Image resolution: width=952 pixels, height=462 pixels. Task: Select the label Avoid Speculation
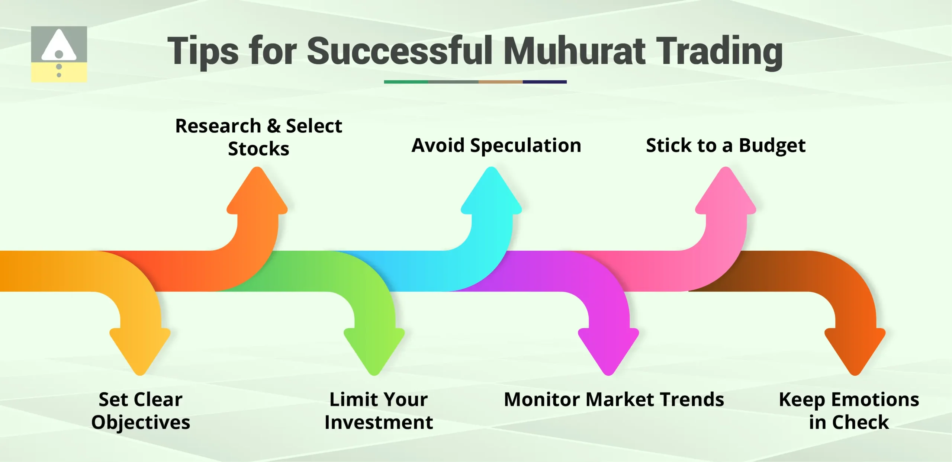pyautogui.click(x=496, y=145)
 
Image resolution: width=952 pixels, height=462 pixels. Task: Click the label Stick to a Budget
pyautogui.click(x=726, y=145)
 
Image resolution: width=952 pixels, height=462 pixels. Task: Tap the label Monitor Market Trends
pyautogui.click(x=614, y=400)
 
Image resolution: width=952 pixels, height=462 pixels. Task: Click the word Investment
pyautogui.click(x=379, y=423)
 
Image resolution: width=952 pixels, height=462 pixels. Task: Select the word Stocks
pyautogui.click(x=258, y=149)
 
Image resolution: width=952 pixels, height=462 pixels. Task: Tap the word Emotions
pyautogui.click(x=875, y=400)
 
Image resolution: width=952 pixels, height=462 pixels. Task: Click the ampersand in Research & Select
pyautogui.click(x=274, y=126)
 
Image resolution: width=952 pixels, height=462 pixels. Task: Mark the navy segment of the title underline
pyautogui.click(x=544, y=82)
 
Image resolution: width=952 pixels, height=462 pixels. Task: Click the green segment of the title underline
pyautogui.click(x=406, y=82)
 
